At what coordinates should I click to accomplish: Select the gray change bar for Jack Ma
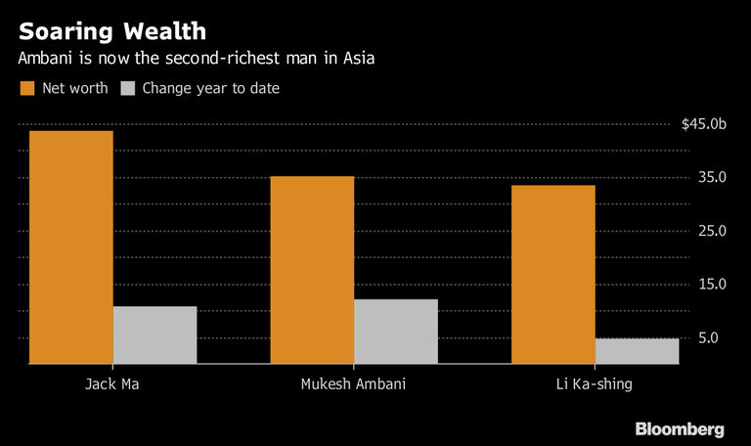tap(155, 334)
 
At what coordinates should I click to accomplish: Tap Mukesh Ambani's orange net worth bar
tap(312, 270)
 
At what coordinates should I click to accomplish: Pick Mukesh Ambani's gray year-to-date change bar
tap(395, 332)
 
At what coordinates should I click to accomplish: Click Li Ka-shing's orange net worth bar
tap(553, 274)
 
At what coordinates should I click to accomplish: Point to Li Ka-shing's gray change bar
tap(637, 351)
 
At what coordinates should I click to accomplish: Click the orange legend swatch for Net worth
tap(27, 88)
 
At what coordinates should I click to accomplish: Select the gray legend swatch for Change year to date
tap(127, 88)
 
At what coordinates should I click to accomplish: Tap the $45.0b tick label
tap(704, 123)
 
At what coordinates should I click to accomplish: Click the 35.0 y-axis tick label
tap(711, 177)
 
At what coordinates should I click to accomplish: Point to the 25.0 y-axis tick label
tap(711, 231)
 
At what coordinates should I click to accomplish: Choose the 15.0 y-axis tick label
tap(711, 285)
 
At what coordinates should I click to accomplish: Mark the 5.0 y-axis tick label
tap(714, 338)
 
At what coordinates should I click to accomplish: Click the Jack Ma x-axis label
tap(110, 383)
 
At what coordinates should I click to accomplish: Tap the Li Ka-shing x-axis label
tap(594, 383)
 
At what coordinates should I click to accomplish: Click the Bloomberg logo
tap(680, 428)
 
